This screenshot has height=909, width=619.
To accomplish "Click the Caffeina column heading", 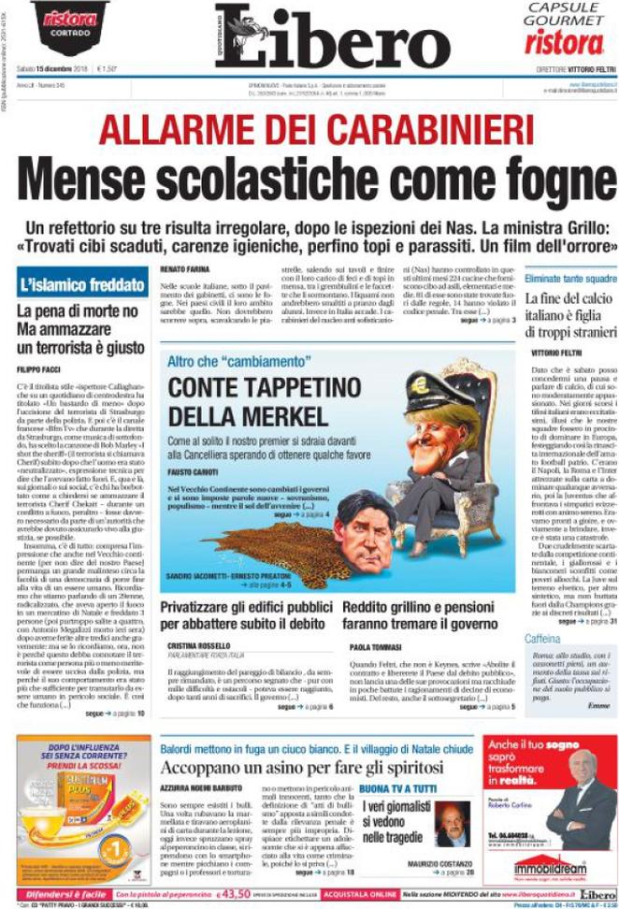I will pos(543,639).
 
